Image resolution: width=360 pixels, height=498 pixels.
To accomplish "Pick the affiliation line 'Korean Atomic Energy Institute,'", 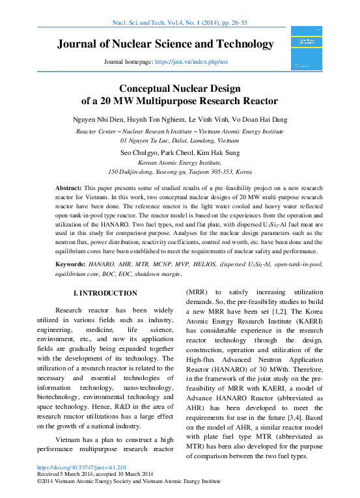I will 180,163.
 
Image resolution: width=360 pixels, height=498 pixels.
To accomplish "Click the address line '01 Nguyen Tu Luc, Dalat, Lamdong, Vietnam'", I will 180,140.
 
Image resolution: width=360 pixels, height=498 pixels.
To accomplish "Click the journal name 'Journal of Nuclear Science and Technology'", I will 165,44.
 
